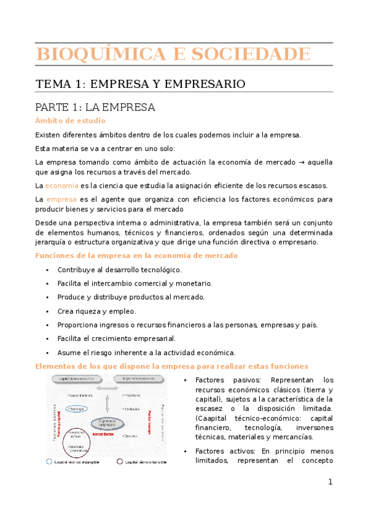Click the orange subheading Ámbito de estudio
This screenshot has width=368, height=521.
[71, 120]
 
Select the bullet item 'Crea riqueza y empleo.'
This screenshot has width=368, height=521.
[96, 311]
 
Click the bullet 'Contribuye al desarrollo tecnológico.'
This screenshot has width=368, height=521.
[119, 270]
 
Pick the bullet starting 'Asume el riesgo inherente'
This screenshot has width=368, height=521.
[146, 352]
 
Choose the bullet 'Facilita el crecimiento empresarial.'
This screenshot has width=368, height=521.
[116, 339]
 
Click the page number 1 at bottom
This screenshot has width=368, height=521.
[329, 483]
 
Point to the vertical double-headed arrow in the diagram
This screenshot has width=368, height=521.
[108, 404]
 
